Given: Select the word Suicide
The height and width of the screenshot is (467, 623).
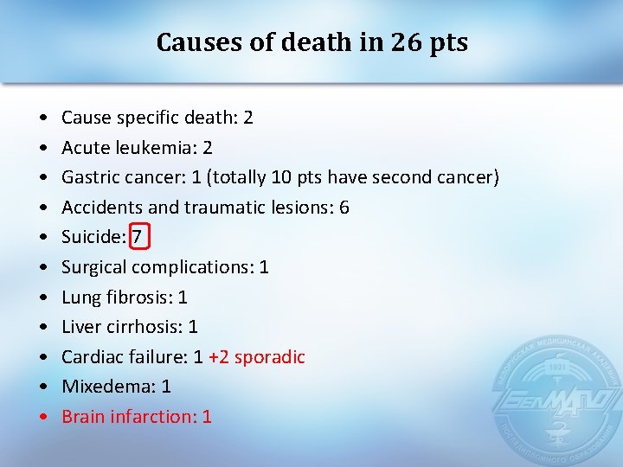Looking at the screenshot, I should [x=93, y=237].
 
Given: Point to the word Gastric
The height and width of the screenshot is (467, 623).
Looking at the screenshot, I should [x=90, y=177].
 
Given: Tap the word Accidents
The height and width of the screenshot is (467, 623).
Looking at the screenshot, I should [x=101, y=208].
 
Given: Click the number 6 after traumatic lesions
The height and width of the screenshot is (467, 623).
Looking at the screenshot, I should [x=344, y=208].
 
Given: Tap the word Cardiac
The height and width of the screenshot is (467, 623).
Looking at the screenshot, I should [x=90, y=356].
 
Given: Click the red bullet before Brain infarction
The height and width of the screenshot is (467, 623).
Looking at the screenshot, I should [x=43, y=417].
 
